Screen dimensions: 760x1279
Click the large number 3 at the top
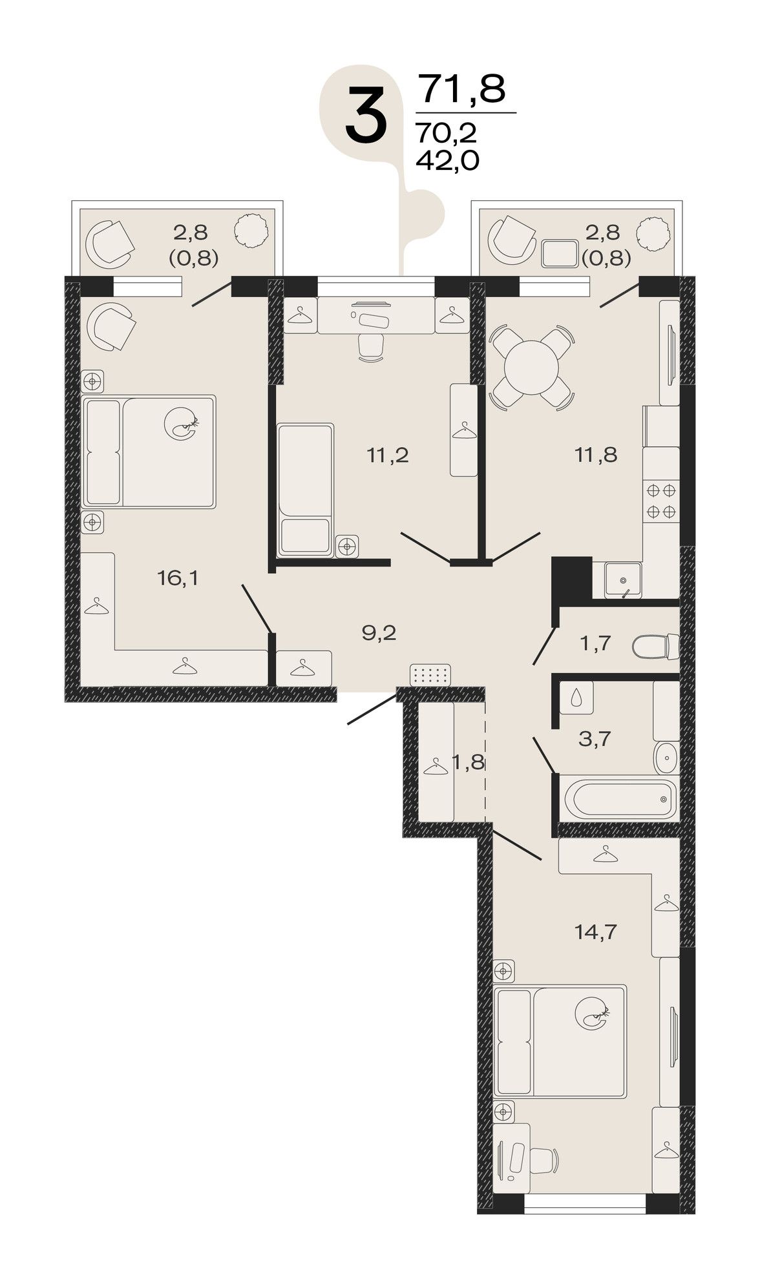[x=366, y=116]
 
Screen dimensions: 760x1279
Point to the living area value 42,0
[x=447, y=160]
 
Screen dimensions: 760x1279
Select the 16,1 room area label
[x=178, y=578]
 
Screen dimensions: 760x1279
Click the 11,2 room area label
[x=388, y=455]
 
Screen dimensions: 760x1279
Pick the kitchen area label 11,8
[x=596, y=455]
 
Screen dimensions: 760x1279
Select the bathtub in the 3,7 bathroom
[x=620, y=798]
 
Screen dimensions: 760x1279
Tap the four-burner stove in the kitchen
[x=661, y=500]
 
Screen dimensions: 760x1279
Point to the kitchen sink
[x=623, y=580]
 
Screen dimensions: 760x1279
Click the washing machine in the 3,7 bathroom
[x=576, y=698]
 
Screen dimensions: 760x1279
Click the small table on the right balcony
[x=560, y=254]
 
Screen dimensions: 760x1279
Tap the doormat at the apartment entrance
[x=430, y=675]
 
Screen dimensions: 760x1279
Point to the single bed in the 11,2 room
[x=305, y=490]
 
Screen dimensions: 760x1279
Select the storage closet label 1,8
[x=468, y=762]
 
